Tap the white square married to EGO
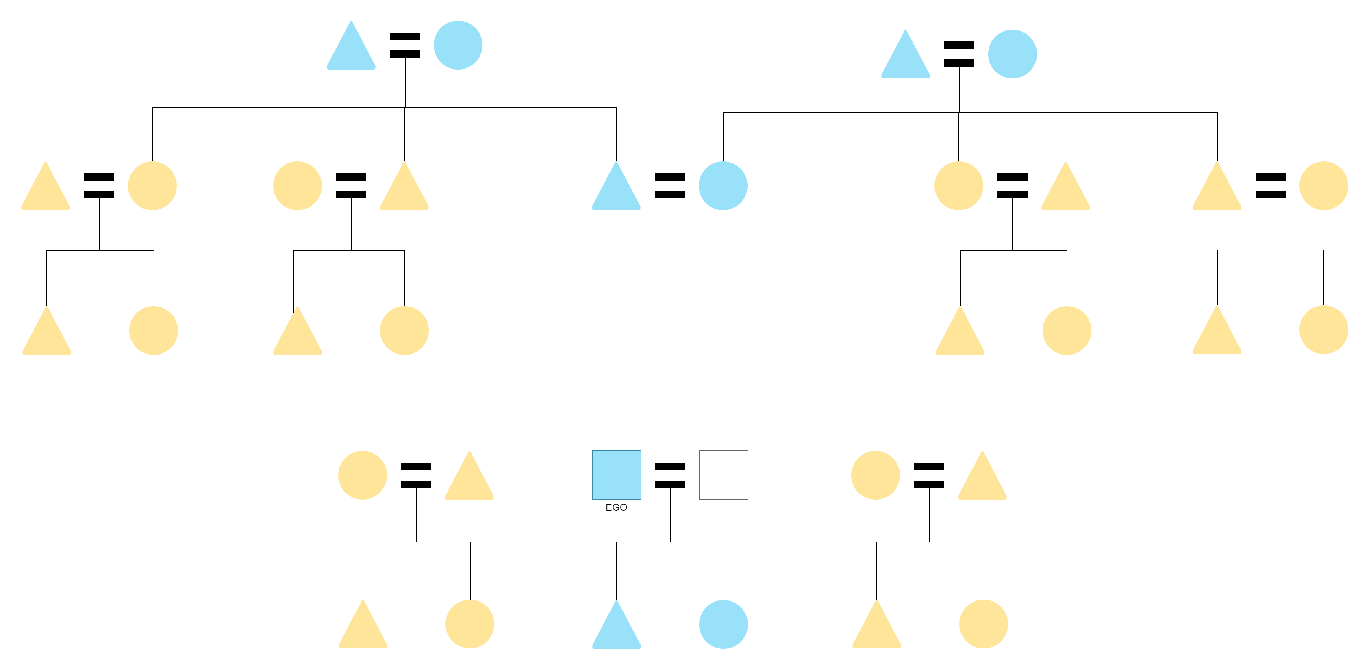coord(723,475)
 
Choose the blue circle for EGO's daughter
coord(723,624)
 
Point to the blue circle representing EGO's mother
coord(723,185)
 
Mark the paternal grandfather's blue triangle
coord(351,48)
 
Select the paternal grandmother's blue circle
coord(458,45)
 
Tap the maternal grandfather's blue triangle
coord(905,57)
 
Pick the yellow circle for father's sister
coord(152,185)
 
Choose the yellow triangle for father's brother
coord(404,189)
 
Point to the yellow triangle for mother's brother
coord(1217,189)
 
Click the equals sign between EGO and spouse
coord(669,475)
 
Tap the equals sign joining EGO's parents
coord(669,185)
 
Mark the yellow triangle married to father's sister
coord(46,189)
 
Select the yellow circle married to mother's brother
coord(1323,185)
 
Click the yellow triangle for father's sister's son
coord(47,333)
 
